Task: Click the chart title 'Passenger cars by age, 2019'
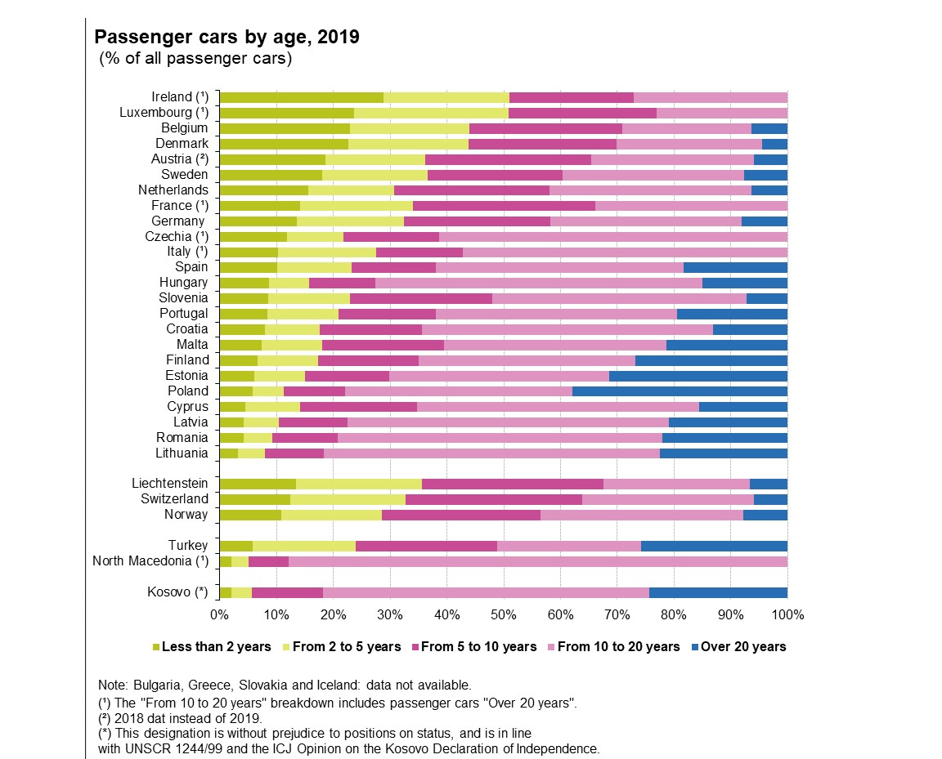(227, 38)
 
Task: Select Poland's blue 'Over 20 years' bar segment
(680, 391)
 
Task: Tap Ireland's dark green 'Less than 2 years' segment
(301, 96)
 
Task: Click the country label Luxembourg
(164, 112)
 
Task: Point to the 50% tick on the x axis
(503, 613)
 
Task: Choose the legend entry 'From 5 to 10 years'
(478, 646)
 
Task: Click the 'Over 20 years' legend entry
(743, 646)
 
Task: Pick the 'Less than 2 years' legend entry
(216, 646)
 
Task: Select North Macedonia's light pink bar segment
(537, 560)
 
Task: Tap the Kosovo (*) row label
(177, 592)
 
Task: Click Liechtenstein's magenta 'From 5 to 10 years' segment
(512, 483)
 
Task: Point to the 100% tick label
(787, 613)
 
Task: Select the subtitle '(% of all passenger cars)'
(195, 59)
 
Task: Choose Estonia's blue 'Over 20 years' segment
(698, 375)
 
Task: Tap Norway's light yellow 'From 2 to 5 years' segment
(331, 514)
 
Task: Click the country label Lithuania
(182, 453)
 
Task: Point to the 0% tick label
(219, 613)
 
